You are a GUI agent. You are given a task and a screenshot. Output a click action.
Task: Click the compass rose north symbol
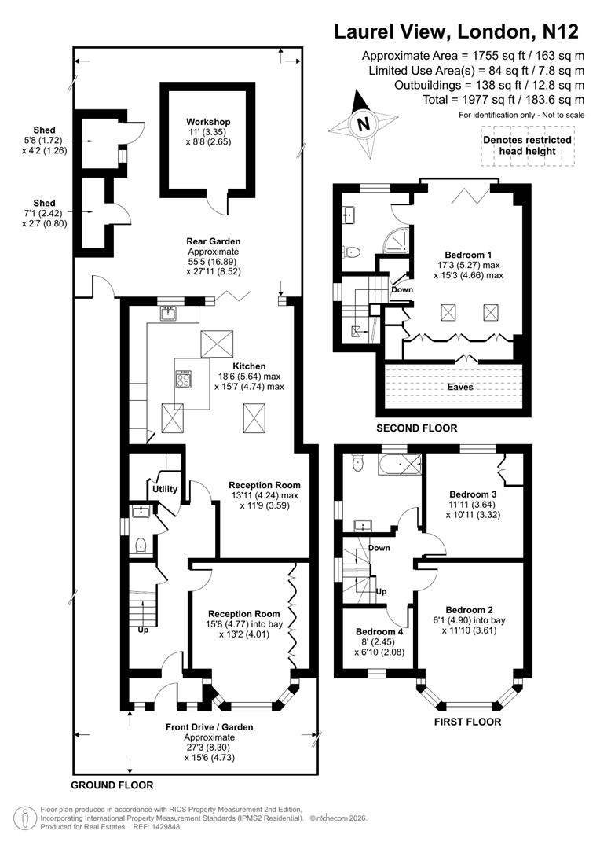coord(362,123)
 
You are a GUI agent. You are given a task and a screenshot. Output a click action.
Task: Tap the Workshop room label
coord(208,122)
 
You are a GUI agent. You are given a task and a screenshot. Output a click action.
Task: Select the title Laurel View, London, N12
coord(456,32)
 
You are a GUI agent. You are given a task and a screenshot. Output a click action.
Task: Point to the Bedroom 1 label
coord(468,255)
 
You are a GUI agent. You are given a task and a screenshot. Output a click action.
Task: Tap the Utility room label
coord(165,489)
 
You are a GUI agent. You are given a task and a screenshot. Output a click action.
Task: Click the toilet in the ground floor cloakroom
coord(141,544)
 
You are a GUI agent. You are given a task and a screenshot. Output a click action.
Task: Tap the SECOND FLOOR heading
coord(416,428)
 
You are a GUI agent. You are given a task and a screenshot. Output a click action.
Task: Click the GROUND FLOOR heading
coord(112,785)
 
